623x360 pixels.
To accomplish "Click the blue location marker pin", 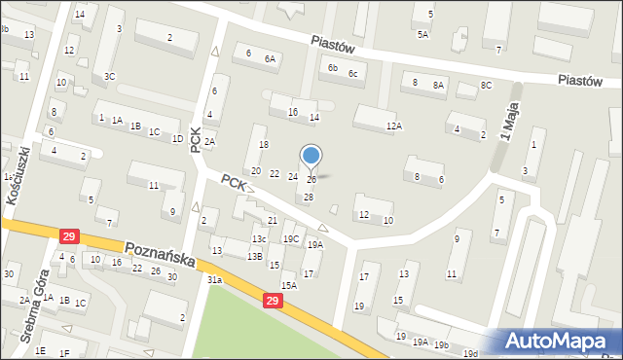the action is (x=311, y=156).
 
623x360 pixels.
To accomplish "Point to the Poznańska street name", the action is (x=160, y=256).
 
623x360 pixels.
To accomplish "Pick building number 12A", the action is (x=393, y=126).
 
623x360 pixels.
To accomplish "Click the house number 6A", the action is (x=270, y=58).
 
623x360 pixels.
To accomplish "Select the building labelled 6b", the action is (x=332, y=68).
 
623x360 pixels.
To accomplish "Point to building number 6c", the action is (x=354, y=74).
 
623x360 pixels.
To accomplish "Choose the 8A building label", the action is (x=438, y=86).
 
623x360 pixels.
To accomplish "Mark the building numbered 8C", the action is (x=486, y=86).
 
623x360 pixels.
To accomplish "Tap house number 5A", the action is (x=422, y=35).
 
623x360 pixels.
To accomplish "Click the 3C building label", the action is (x=110, y=76).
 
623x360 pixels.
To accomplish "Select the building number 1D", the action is (x=177, y=138).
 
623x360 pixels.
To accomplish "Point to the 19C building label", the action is (x=291, y=238).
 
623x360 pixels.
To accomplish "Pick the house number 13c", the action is (x=259, y=238).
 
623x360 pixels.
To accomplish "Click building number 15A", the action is (x=289, y=285).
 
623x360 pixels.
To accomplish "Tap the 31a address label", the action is (x=215, y=280).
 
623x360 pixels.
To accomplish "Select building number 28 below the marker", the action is (x=309, y=198).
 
